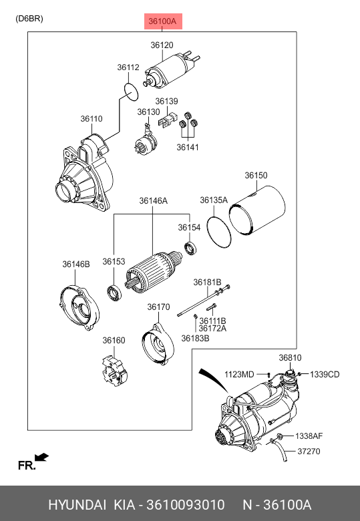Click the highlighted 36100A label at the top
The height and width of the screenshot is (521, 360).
click(163, 21)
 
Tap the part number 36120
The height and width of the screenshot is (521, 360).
click(162, 45)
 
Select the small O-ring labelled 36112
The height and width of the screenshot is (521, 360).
click(130, 92)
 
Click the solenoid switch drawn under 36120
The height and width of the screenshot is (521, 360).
click(172, 71)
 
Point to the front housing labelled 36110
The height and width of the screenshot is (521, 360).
click(85, 174)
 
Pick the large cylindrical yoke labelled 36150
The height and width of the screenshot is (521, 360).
click(257, 210)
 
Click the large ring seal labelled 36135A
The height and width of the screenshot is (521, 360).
click(218, 232)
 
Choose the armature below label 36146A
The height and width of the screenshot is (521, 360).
click(154, 272)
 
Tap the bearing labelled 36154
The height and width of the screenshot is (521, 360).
click(190, 248)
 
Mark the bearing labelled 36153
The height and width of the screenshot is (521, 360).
click(114, 293)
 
